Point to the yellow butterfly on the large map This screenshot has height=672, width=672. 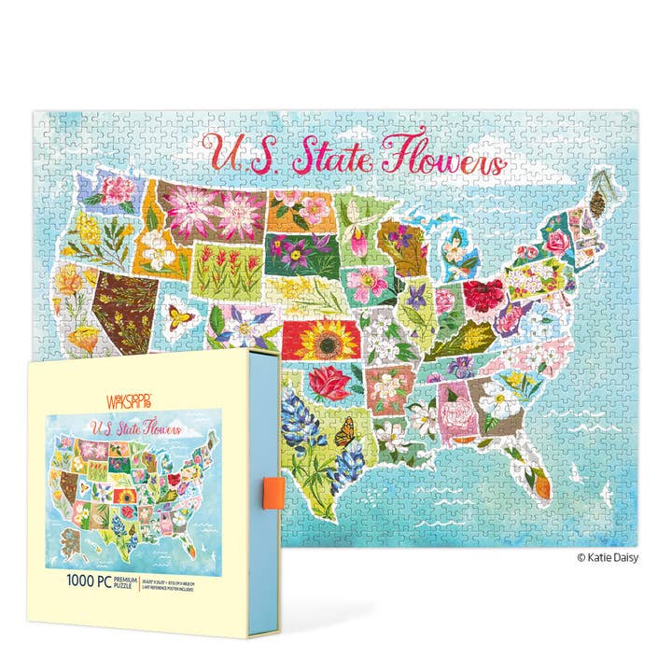[x=182, y=315]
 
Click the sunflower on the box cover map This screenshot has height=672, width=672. [x=125, y=497]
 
